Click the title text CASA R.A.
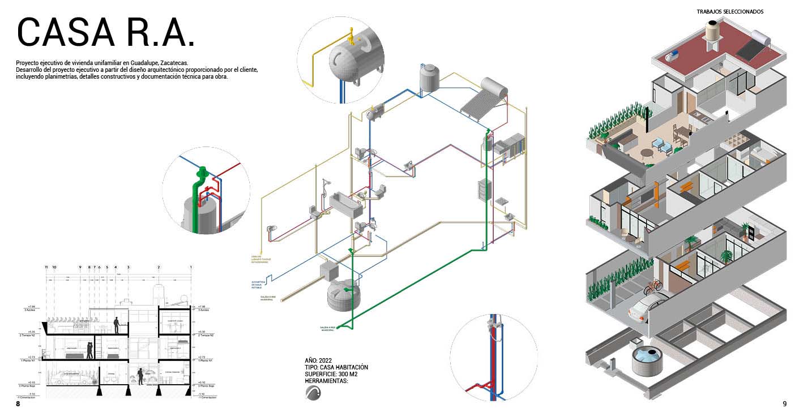coord(106,33)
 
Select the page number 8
coord(18,404)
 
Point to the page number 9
coord(784,404)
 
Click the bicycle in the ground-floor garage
coord(653,286)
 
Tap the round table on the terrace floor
coord(647,153)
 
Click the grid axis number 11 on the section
coord(46,266)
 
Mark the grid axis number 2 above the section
coord(159,266)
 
